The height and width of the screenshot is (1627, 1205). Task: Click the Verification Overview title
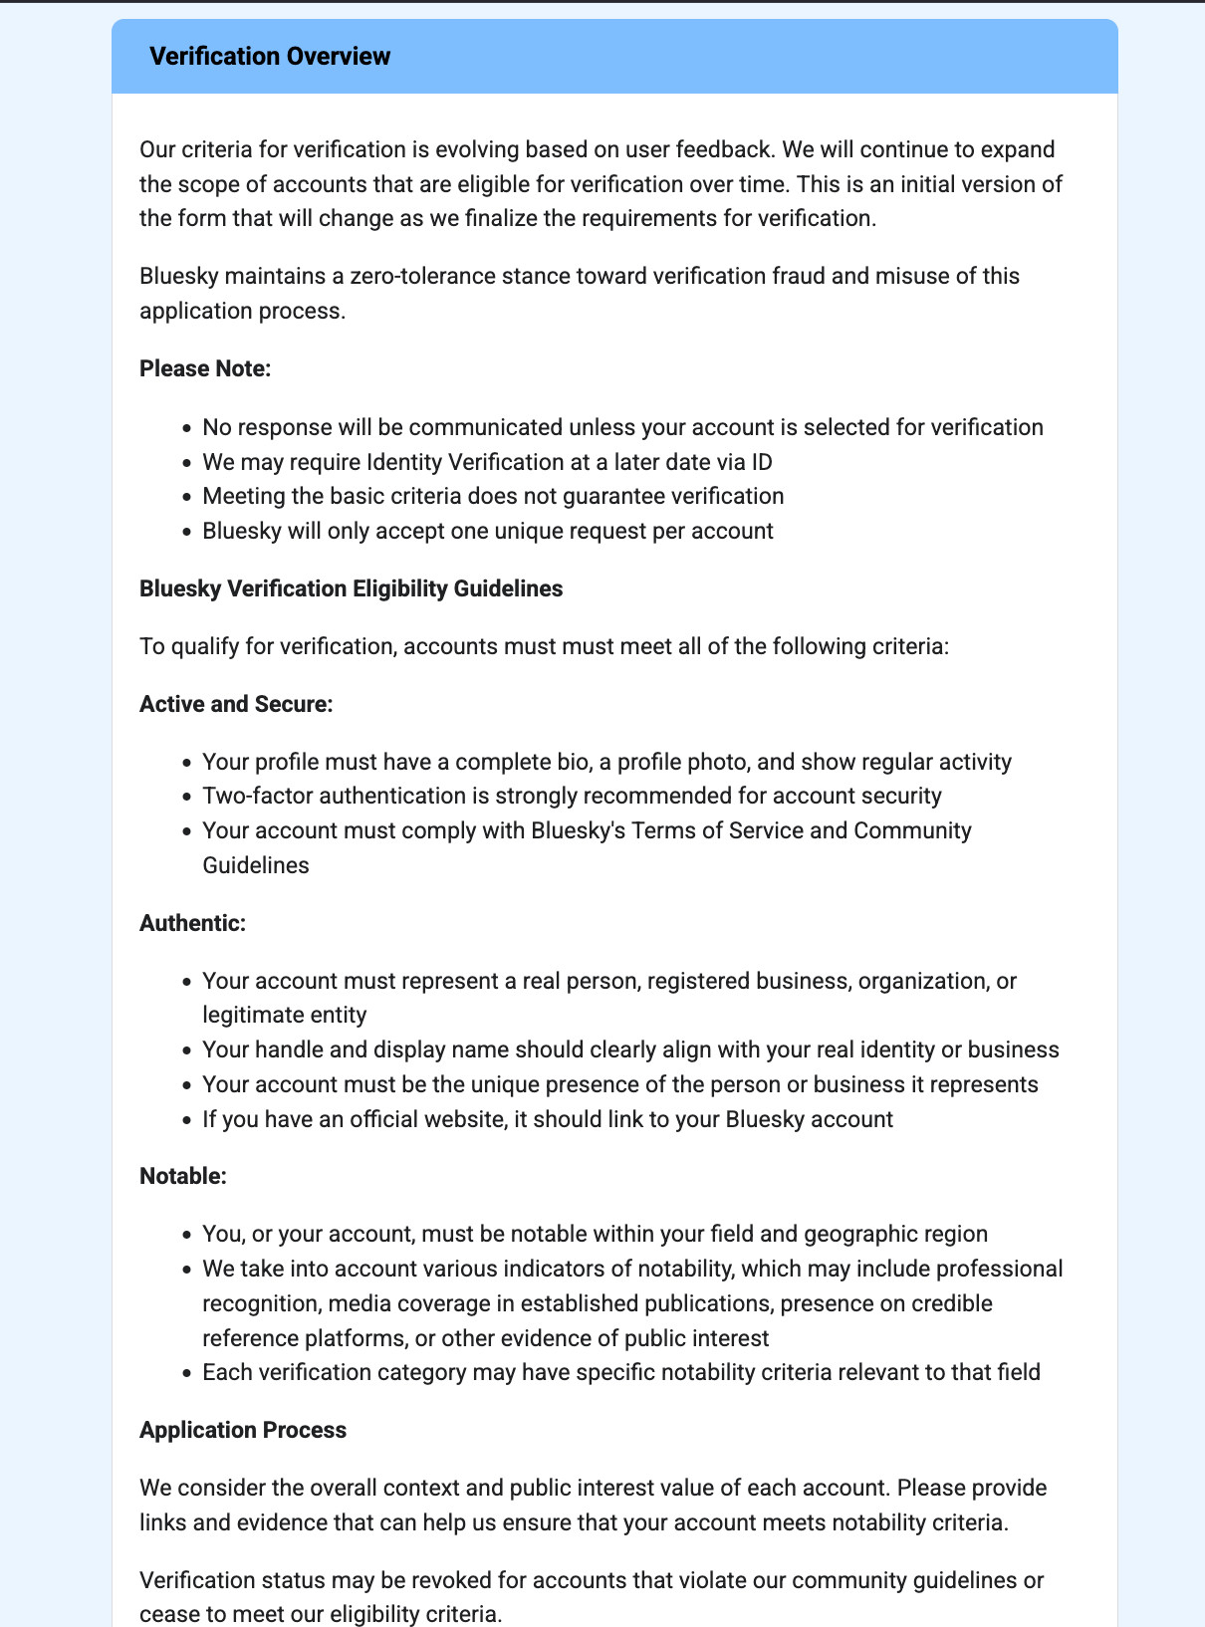270,56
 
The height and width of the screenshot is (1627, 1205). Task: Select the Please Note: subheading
205,368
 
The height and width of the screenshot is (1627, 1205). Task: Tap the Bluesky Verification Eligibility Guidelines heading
351,588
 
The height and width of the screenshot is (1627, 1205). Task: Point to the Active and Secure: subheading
236,704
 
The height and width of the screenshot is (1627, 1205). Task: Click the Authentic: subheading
192,923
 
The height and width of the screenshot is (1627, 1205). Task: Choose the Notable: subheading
183,1176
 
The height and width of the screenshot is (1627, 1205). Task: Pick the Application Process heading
243,1430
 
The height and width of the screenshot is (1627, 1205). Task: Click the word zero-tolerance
427,276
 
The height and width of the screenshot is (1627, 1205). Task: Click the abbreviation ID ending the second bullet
762,462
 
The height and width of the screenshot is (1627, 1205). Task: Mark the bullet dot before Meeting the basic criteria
186,497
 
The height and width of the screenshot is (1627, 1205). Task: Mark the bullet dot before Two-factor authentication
186,797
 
